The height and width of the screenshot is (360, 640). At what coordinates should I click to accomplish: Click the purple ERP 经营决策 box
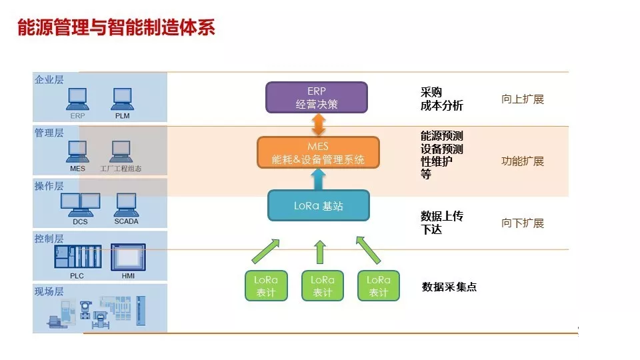[317, 97]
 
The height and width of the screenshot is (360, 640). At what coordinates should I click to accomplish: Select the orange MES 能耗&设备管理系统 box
[319, 153]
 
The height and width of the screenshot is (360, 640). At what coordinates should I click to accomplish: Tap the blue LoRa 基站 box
[319, 205]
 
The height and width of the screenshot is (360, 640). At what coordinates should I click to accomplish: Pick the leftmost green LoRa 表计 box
[266, 286]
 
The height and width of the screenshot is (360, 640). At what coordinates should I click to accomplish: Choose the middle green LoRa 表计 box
[323, 286]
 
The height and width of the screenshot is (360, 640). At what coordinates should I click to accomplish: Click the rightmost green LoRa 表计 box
[379, 286]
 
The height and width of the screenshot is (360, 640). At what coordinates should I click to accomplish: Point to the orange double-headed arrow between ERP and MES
[319, 125]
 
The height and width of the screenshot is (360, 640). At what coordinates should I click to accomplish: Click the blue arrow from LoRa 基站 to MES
[319, 179]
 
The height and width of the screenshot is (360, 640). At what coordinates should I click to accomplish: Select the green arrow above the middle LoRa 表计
[321, 252]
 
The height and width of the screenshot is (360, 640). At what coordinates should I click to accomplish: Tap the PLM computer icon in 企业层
[123, 99]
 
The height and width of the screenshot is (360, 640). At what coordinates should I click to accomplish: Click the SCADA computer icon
[126, 205]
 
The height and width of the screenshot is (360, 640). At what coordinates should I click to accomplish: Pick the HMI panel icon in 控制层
[128, 257]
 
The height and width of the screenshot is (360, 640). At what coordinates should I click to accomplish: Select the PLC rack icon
[78, 256]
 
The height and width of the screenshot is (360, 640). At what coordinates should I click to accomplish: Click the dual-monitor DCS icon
[81, 205]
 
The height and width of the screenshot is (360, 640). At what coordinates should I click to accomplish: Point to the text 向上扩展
[523, 99]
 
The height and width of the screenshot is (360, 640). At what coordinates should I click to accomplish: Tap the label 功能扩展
[523, 161]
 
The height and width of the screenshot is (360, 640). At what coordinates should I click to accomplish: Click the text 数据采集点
[449, 287]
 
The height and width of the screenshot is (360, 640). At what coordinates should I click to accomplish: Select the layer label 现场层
[49, 291]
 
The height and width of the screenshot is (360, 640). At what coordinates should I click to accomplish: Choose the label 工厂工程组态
[121, 169]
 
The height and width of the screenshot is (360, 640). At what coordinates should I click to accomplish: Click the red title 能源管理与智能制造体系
[116, 27]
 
